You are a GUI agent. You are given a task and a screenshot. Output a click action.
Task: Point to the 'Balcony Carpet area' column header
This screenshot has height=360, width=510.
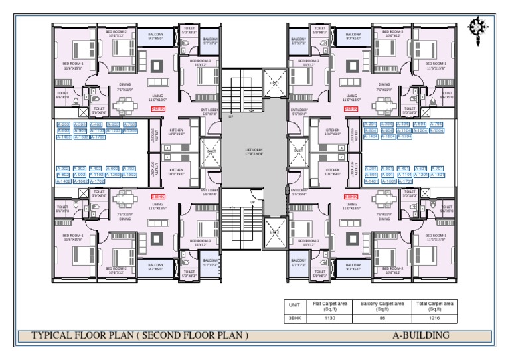(382, 307)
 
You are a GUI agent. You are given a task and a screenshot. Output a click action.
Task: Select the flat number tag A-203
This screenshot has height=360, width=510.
(63, 124)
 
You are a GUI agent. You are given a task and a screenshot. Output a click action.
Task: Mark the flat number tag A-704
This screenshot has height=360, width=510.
(436, 124)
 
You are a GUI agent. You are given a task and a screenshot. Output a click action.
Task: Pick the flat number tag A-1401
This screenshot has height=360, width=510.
(371, 181)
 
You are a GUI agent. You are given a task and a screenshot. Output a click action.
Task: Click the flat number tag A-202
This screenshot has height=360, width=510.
(64, 169)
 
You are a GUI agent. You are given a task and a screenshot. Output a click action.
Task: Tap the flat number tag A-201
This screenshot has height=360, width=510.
(371, 169)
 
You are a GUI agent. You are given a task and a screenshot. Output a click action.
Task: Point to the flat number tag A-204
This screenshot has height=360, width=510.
(371, 124)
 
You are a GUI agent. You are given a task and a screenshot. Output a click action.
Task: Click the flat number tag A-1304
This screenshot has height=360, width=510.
(436, 130)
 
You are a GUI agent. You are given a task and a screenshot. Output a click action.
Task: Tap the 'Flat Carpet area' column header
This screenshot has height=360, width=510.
(325, 307)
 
